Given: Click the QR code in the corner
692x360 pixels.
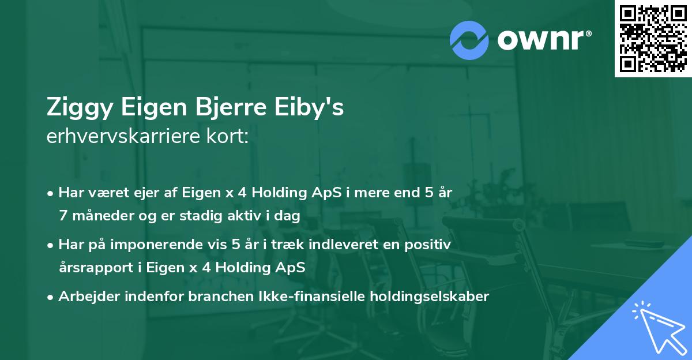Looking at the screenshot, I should pos(653,39).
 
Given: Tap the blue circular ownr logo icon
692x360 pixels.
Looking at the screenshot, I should pos(469,40).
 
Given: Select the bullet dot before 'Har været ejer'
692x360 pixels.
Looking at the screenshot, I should pos(51,193).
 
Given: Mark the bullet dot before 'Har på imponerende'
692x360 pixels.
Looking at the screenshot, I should pos(51,245).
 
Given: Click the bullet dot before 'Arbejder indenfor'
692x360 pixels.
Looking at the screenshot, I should pos(51,297).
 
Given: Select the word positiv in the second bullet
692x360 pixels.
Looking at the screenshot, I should pos(430,245).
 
